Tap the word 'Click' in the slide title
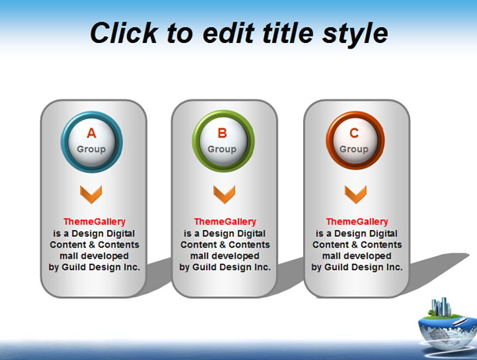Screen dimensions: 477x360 pos(124,33)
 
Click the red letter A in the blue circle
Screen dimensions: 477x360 pos(92,133)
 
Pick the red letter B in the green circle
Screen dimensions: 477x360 pos(222,133)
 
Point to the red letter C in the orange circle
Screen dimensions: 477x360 pos(354,133)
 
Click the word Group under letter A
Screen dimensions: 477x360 pos(92,149)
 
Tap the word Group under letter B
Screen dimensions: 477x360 pos(222,149)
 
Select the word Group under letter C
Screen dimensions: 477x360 pos(354,149)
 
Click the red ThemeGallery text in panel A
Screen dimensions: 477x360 pos(95,222)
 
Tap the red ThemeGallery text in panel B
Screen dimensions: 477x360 pos(225,222)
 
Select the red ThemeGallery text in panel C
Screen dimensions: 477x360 pos(357,222)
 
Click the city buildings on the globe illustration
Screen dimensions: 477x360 pos(442,306)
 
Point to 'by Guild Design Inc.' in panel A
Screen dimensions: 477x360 pos(95,267)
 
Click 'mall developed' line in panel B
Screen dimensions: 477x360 pos(225,256)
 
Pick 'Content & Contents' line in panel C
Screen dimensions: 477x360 pos(357,245)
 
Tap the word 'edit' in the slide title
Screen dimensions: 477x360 pos(228,33)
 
